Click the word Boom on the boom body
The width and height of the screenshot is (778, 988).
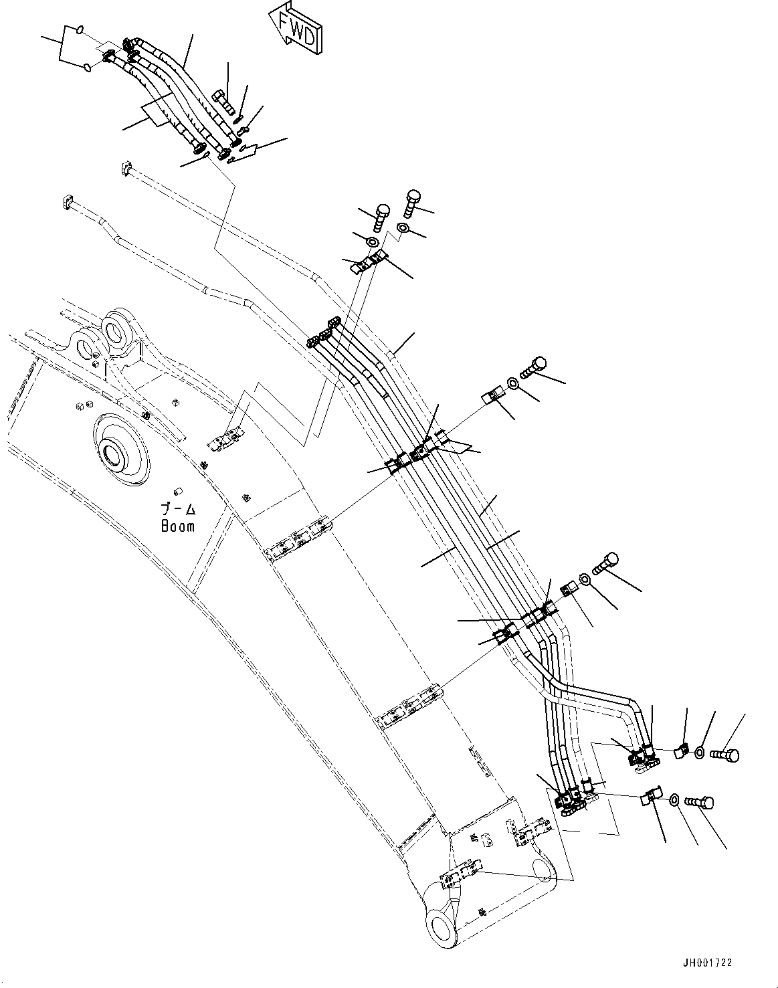pos(178,526)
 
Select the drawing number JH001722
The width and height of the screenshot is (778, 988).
pos(708,963)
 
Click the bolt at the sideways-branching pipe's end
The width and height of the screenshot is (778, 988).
pos(726,755)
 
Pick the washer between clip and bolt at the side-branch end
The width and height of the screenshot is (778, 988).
pos(699,752)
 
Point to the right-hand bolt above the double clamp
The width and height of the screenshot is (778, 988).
pos(412,201)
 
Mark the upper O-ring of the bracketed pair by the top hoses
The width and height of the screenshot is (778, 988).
pos(80,29)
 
